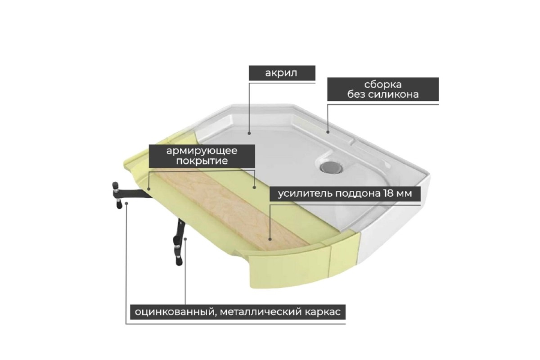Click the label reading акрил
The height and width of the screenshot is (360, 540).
(x=282, y=73)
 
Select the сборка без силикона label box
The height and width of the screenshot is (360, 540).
(x=383, y=89)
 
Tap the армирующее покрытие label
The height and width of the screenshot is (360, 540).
(x=202, y=156)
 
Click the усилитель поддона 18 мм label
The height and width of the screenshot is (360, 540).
(x=345, y=193)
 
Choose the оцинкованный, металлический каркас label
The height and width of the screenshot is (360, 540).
(x=238, y=312)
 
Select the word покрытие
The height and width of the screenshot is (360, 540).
(x=202, y=161)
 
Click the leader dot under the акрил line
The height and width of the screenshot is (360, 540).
(x=249, y=133)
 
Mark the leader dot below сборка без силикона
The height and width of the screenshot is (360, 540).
(x=328, y=132)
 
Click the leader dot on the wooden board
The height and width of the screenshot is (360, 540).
(x=270, y=239)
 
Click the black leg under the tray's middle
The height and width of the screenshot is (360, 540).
(x=178, y=241)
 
